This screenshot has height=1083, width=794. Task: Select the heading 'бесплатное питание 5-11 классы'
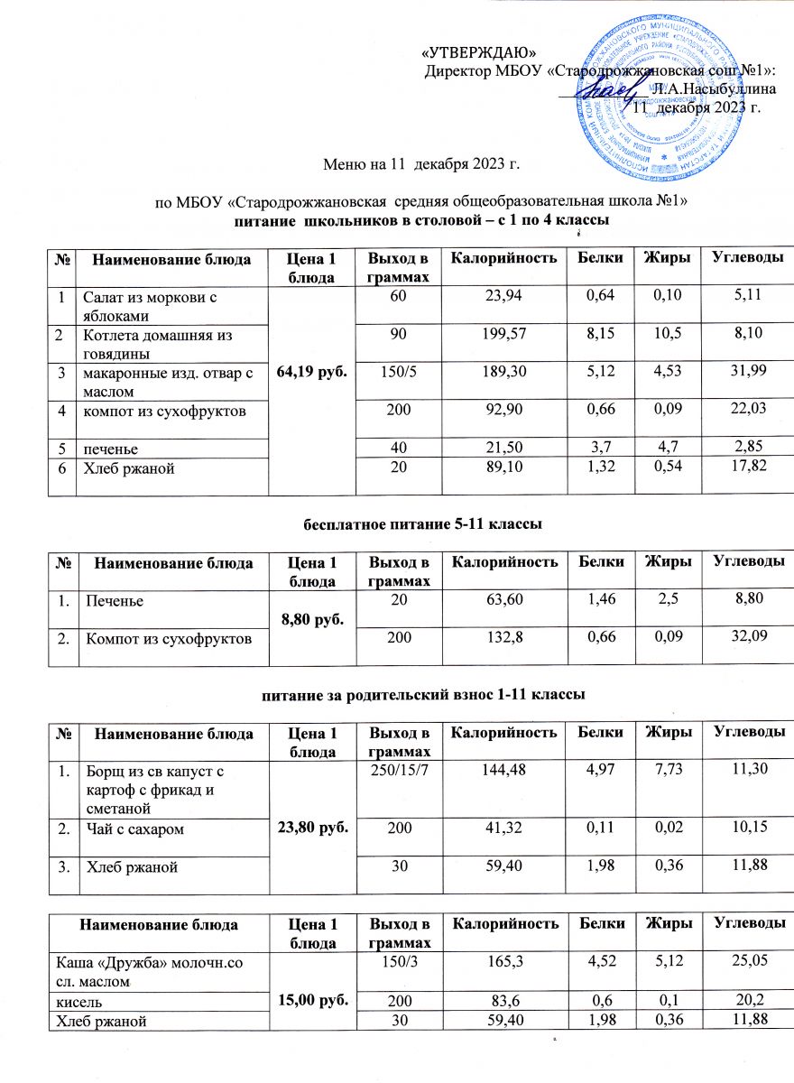396,523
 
